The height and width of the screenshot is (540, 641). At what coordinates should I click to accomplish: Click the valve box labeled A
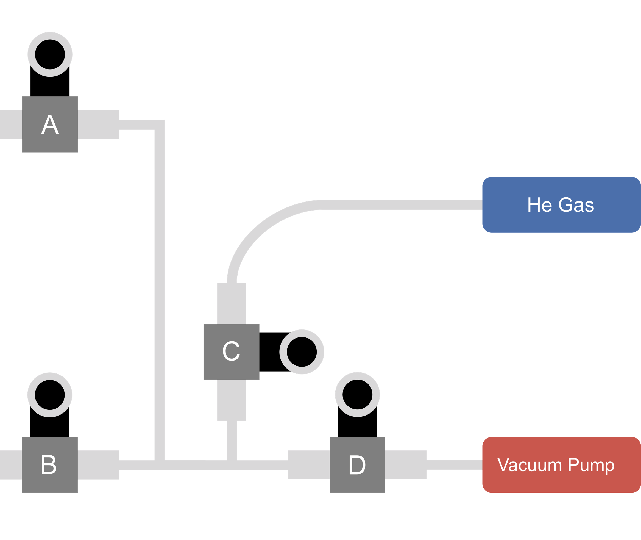point(50,124)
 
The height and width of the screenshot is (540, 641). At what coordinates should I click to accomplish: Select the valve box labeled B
point(50,465)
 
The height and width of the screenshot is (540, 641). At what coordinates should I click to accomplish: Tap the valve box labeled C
point(231,352)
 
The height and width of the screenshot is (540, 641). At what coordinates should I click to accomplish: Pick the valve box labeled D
point(357,465)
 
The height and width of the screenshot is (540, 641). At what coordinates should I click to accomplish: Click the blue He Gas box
point(561,204)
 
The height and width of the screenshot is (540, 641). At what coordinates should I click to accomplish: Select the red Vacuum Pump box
point(561,465)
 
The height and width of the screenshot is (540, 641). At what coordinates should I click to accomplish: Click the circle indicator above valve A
point(50,54)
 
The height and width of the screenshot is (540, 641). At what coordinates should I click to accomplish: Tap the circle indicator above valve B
point(50,395)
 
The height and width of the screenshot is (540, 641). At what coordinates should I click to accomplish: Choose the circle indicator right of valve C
point(302,352)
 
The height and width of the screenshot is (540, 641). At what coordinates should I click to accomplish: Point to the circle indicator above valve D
point(357,394)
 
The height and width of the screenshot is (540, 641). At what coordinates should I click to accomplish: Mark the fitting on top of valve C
point(231,303)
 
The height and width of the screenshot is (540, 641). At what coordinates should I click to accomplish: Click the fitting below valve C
point(231,400)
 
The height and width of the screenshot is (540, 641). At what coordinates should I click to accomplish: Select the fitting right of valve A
point(99,124)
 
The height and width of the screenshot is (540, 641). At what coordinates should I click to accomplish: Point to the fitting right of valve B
point(99,465)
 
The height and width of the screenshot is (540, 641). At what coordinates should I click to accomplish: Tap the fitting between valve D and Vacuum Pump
point(406,465)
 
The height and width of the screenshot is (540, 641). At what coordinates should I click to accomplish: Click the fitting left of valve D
point(308,465)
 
